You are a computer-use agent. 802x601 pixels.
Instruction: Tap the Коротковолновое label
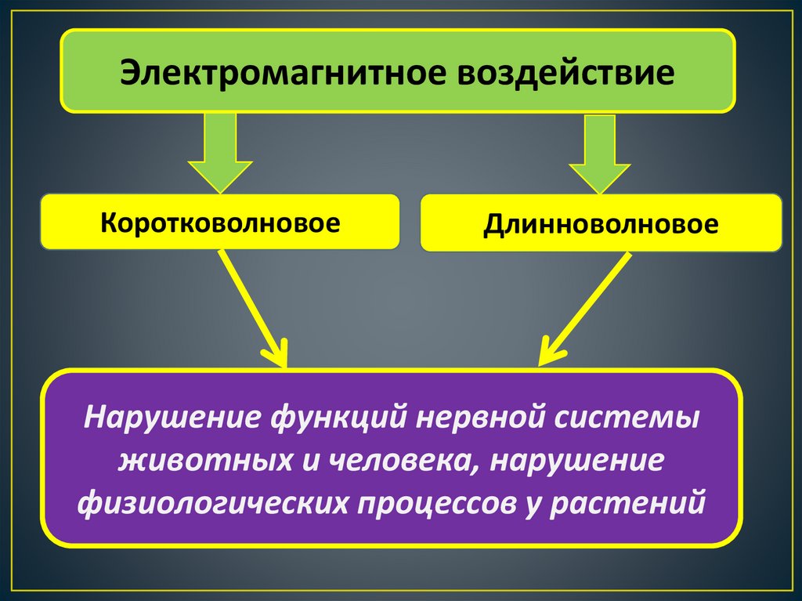coord(220,223)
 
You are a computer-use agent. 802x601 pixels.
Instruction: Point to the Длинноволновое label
coord(601,224)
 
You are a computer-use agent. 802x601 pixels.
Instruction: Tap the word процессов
coord(435,501)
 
